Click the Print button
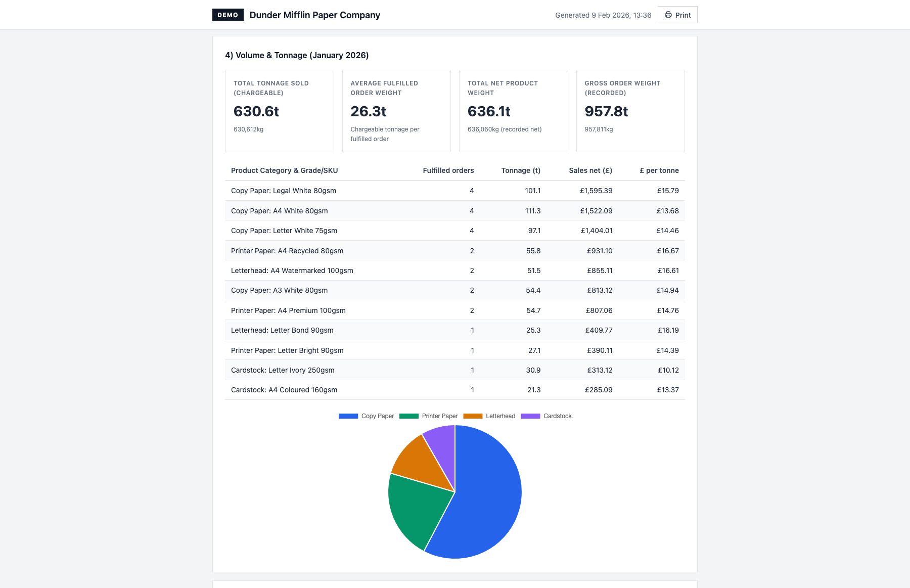(x=677, y=15)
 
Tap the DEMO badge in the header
(x=227, y=15)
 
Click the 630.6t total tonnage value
(x=256, y=111)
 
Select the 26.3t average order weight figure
(x=369, y=111)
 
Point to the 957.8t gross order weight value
(x=606, y=111)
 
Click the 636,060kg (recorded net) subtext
(x=505, y=129)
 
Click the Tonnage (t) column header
(x=521, y=170)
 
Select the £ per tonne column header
(x=659, y=170)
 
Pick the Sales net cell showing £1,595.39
(x=596, y=191)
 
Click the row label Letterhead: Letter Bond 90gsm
(x=282, y=330)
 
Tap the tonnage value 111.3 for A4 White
(x=533, y=211)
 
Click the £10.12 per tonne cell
(x=668, y=370)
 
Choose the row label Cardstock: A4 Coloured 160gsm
(x=284, y=390)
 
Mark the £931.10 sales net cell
(x=600, y=251)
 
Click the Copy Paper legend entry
(x=367, y=416)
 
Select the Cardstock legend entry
(x=547, y=416)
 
